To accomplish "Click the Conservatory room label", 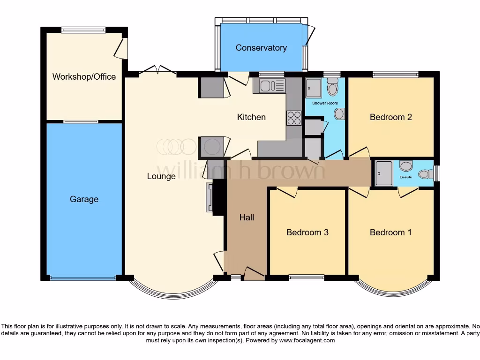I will [261, 48].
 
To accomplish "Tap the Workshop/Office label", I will [84, 76].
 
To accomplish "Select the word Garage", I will [84, 199].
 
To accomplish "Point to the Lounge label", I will [161, 176].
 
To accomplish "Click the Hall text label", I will [247, 217].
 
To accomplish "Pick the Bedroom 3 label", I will [307, 232].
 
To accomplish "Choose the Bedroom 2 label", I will [390, 117].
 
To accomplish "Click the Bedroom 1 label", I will [390, 232].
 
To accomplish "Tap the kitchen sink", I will [266, 85].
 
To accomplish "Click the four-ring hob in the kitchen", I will [294, 118].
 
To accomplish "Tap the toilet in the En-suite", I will [426, 174].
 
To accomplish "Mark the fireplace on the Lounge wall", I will [209, 198].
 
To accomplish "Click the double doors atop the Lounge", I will [158, 71].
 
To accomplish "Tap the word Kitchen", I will [251, 117].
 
